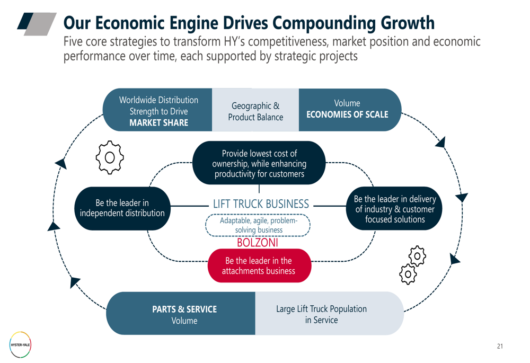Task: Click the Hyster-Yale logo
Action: (20, 345)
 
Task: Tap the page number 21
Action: (500, 346)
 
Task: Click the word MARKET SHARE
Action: (159, 123)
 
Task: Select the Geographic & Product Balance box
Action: (255, 110)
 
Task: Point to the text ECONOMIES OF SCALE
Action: (347, 114)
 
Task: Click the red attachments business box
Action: (259, 265)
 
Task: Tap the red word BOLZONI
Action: (257, 242)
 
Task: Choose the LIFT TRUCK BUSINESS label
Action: (261, 204)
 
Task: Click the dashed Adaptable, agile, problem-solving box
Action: (258, 225)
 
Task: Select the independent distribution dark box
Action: (122, 208)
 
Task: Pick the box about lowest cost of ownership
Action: (259, 163)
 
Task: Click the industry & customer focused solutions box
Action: (394, 209)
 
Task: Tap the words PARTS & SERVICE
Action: (184, 309)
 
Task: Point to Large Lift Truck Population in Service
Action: (321, 314)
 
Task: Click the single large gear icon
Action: (110, 157)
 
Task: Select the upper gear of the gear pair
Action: (418, 256)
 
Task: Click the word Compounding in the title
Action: (324, 23)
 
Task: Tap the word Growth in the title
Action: (408, 23)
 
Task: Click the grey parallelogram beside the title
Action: (40, 24)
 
